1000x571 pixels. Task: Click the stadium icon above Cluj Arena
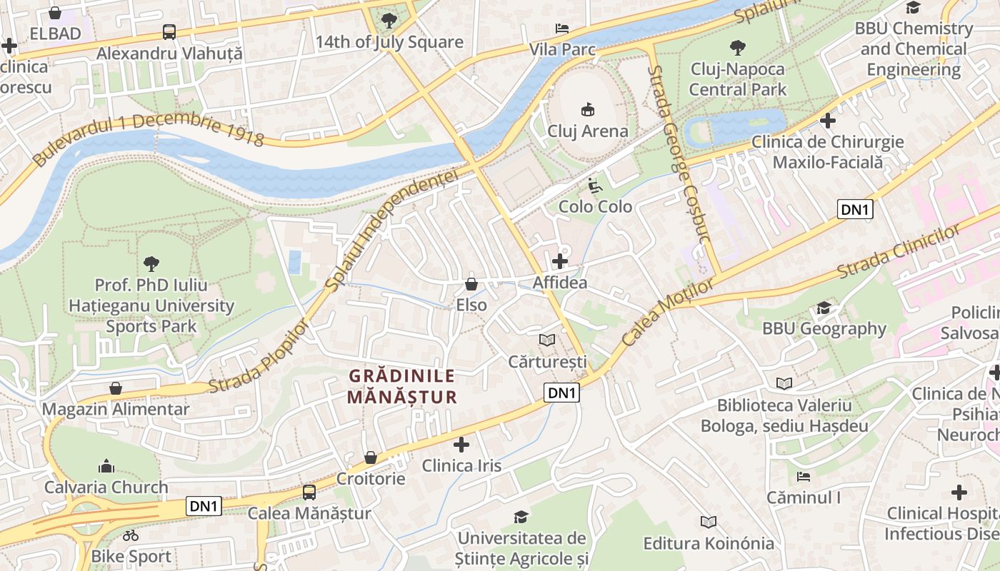pos(587,109)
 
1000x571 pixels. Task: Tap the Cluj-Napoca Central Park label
pos(737,79)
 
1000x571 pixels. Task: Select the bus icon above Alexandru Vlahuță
pos(169,32)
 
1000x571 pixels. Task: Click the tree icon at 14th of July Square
pos(389,21)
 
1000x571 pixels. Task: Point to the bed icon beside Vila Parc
pos(562,29)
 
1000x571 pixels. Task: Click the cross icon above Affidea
pos(560,261)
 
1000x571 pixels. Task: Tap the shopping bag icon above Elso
pos(471,284)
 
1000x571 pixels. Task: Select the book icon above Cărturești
pos(547,340)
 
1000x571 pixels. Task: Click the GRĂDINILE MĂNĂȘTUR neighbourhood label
pos(401,386)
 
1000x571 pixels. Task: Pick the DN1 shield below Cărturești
pos(561,393)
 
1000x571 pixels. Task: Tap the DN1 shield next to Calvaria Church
pos(204,506)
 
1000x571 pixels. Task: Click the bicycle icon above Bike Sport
pos(131,535)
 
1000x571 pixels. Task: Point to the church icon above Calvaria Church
pos(106,467)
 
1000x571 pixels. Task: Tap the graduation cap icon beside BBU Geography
pos(824,308)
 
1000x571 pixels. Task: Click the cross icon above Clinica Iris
pos(461,445)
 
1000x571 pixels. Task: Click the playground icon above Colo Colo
pos(594,185)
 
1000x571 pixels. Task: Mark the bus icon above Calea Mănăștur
pos(309,492)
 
